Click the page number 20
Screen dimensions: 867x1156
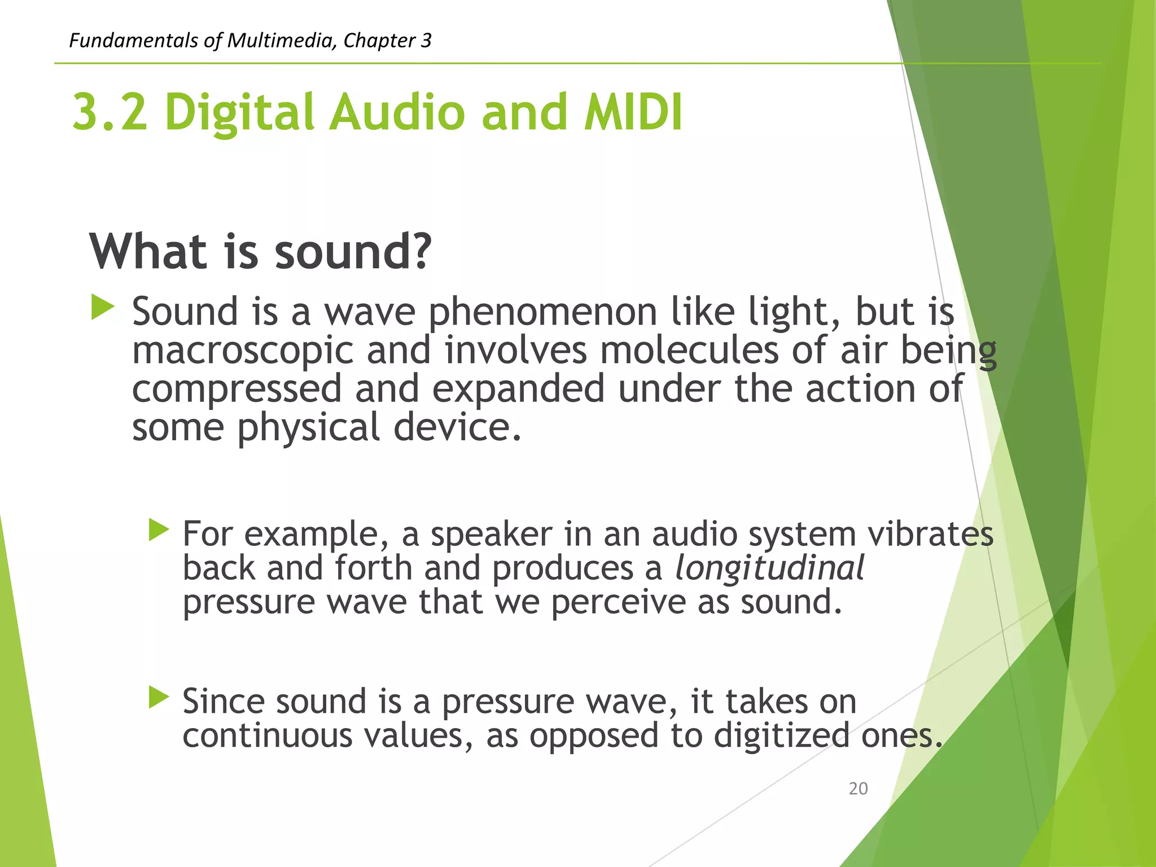click(858, 789)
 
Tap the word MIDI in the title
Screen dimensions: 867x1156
click(633, 112)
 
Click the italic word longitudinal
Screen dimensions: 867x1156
click(769, 568)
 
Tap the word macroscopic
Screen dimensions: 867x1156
click(243, 351)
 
